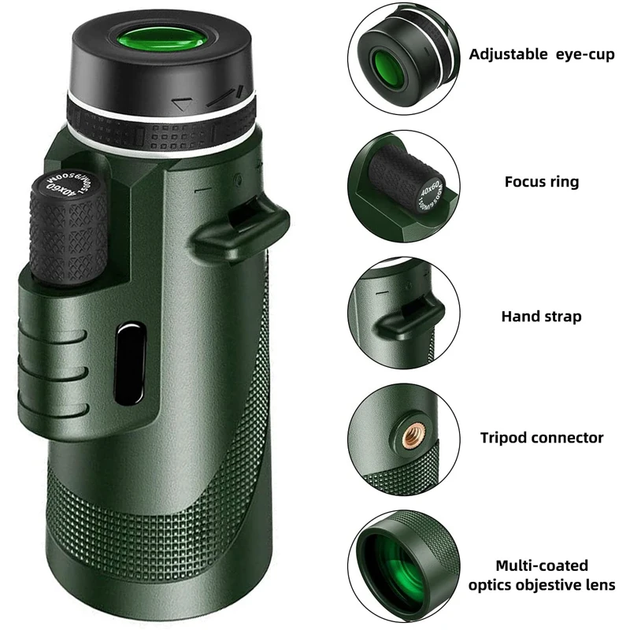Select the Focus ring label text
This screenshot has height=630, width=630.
click(542, 182)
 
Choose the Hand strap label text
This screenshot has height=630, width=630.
click(542, 317)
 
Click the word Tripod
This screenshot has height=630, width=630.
click(507, 437)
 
